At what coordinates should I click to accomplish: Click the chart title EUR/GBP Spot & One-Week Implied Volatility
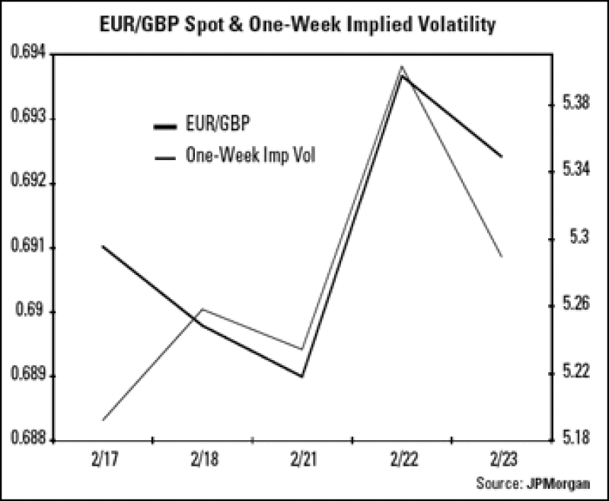(304, 24)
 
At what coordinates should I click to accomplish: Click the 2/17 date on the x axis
(101, 461)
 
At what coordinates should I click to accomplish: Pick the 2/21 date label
(302, 461)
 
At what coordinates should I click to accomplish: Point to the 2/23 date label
(502, 461)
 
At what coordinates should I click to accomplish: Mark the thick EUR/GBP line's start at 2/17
(102, 246)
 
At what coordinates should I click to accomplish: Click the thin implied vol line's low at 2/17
(102, 420)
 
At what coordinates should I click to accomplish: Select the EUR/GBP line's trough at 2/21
(302, 376)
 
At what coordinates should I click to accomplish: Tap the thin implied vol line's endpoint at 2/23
(502, 256)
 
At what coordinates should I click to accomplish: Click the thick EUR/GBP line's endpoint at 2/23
(502, 156)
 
